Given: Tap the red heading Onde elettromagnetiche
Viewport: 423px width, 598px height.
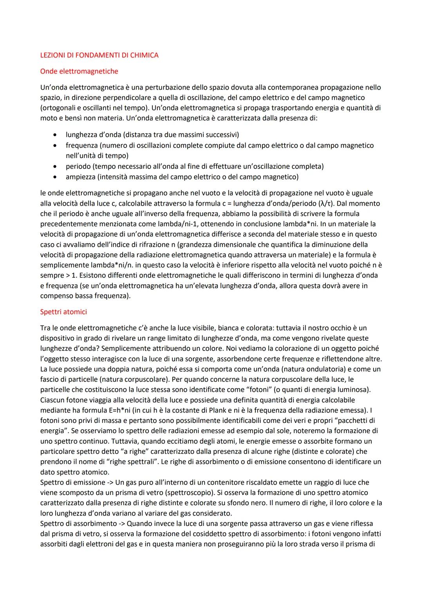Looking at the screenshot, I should pyautogui.click(x=79, y=71).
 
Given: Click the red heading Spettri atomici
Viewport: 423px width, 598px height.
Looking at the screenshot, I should pyautogui.click(x=63, y=312).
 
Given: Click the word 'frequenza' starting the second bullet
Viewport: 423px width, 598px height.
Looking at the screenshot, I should pyautogui.click(x=81, y=145).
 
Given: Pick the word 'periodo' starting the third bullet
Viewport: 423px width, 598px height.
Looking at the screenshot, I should pyautogui.click(x=78, y=166).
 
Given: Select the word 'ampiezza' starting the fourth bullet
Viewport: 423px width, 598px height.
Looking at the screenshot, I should pyautogui.click(x=80, y=177).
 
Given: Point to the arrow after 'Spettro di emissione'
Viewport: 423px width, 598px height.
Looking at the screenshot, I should pyautogui.click(x=110, y=482).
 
